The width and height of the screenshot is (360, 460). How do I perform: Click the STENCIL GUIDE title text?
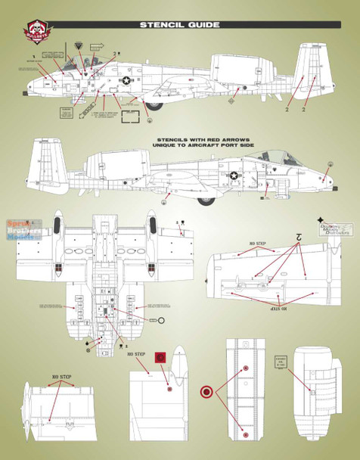point(179,25)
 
